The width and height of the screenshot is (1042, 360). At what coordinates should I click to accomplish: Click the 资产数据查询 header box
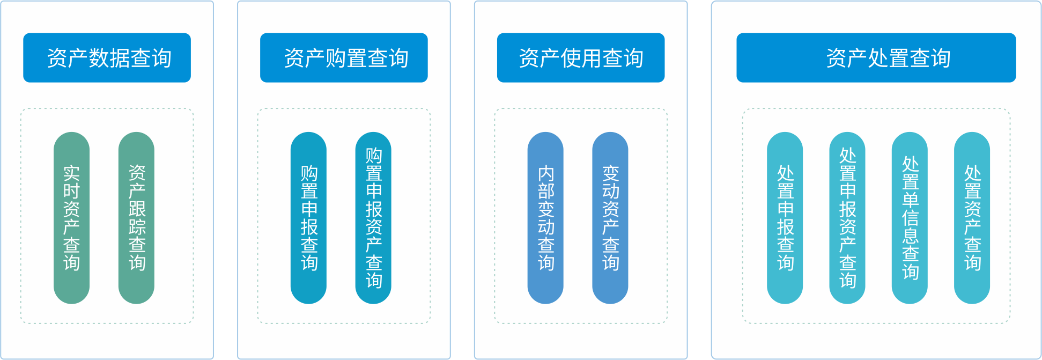pyautogui.click(x=107, y=57)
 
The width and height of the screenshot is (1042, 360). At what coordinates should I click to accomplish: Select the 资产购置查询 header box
pyautogui.click(x=344, y=57)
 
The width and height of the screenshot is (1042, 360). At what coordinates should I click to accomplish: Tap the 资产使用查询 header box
pyautogui.click(x=581, y=57)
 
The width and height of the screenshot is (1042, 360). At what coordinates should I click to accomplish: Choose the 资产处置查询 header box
pyautogui.click(x=876, y=57)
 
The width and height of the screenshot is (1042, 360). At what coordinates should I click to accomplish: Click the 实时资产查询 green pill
pyautogui.click(x=71, y=218)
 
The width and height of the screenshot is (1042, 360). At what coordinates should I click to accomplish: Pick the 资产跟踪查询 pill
pyautogui.click(x=136, y=218)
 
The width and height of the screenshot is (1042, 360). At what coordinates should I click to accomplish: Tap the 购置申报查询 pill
pyautogui.click(x=308, y=218)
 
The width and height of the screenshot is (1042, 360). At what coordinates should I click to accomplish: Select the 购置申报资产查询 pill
pyautogui.click(x=373, y=218)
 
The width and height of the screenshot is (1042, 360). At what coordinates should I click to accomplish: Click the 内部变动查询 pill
pyautogui.click(x=545, y=218)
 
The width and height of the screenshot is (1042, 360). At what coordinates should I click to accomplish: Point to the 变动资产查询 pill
pyautogui.click(x=610, y=218)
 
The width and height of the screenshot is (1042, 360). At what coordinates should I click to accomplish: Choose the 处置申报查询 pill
pyautogui.click(x=785, y=218)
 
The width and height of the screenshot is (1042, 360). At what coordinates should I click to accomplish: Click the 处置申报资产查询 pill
pyautogui.click(x=847, y=218)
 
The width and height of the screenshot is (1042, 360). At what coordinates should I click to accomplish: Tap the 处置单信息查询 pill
pyautogui.click(x=910, y=218)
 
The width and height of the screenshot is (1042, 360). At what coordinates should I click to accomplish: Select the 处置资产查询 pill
pyautogui.click(x=972, y=218)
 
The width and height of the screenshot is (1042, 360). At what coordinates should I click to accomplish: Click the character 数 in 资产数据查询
pyautogui.click(x=99, y=58)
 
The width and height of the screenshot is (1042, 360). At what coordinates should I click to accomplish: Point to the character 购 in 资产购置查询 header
pyautogui.click(x=336, y=58)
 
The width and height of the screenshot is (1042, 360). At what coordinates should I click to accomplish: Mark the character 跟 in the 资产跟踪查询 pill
pyautogui.click(x=137, y=209)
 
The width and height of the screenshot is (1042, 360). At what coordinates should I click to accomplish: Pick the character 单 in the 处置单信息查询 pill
pyautogui.click(x=910, y=200)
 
